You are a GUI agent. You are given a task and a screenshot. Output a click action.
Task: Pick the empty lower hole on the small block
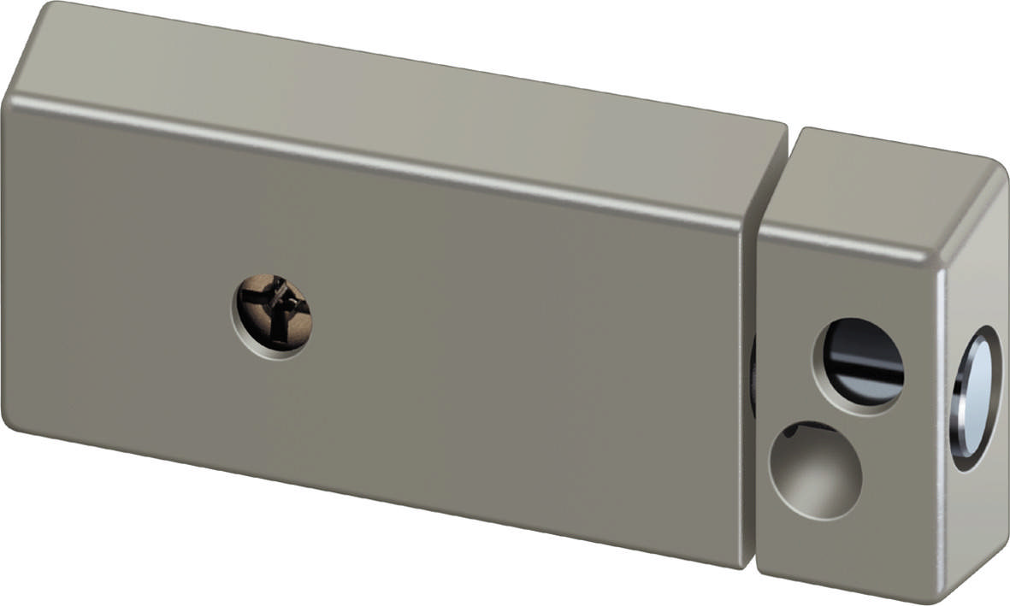pyautogui.click(x=815, y=469)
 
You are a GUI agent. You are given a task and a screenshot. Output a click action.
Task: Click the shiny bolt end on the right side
pyautogui.click(x=974, y=397)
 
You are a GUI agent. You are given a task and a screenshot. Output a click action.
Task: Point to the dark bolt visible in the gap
pyautogui.click(x=753, y=376)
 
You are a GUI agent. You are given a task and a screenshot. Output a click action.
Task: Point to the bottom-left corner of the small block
pyautogui.click(x=761, y=571)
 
